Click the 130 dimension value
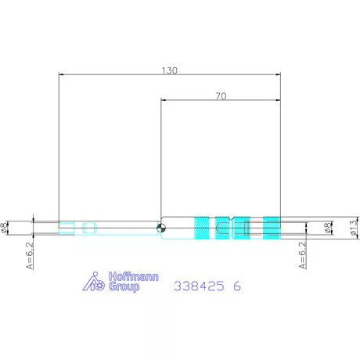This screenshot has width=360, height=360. (x=170, y=70)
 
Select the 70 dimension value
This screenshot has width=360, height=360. (x=221, y=96)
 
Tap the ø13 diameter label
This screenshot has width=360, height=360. (x=353, y=228)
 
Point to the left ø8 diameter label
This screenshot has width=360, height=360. (x=4, y=228)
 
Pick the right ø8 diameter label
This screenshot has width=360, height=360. (x=328, y=228)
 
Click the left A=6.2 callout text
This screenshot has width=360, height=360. (x=30, y=256)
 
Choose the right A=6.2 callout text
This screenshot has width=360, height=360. (x=302, y=255)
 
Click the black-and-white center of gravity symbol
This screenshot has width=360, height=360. (x=161, y=228)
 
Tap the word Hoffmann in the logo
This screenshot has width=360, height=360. (x=134, y=276)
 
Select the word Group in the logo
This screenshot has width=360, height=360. (x=124, y=286)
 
